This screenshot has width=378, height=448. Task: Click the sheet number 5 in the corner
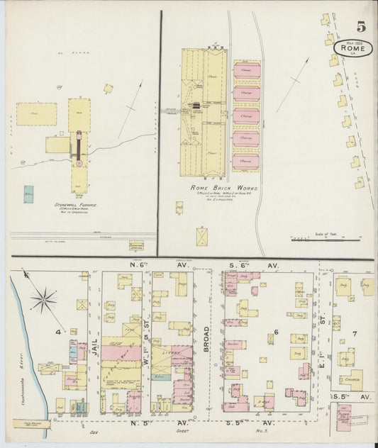tap(361, 28)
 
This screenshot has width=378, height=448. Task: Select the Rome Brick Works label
tap(224, 188)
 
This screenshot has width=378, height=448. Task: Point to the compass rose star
tap(44, 300)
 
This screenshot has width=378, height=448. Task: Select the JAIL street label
tap(92, 333)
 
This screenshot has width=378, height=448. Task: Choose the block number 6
tap(277, 332)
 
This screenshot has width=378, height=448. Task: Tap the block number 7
tap(355, 332)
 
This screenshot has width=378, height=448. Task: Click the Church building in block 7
tap(350, 380)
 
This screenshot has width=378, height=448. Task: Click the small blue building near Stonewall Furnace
tap(28, 192)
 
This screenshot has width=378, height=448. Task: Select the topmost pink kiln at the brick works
tap(246, 71)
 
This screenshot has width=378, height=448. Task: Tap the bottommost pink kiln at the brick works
tap(246, 162)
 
